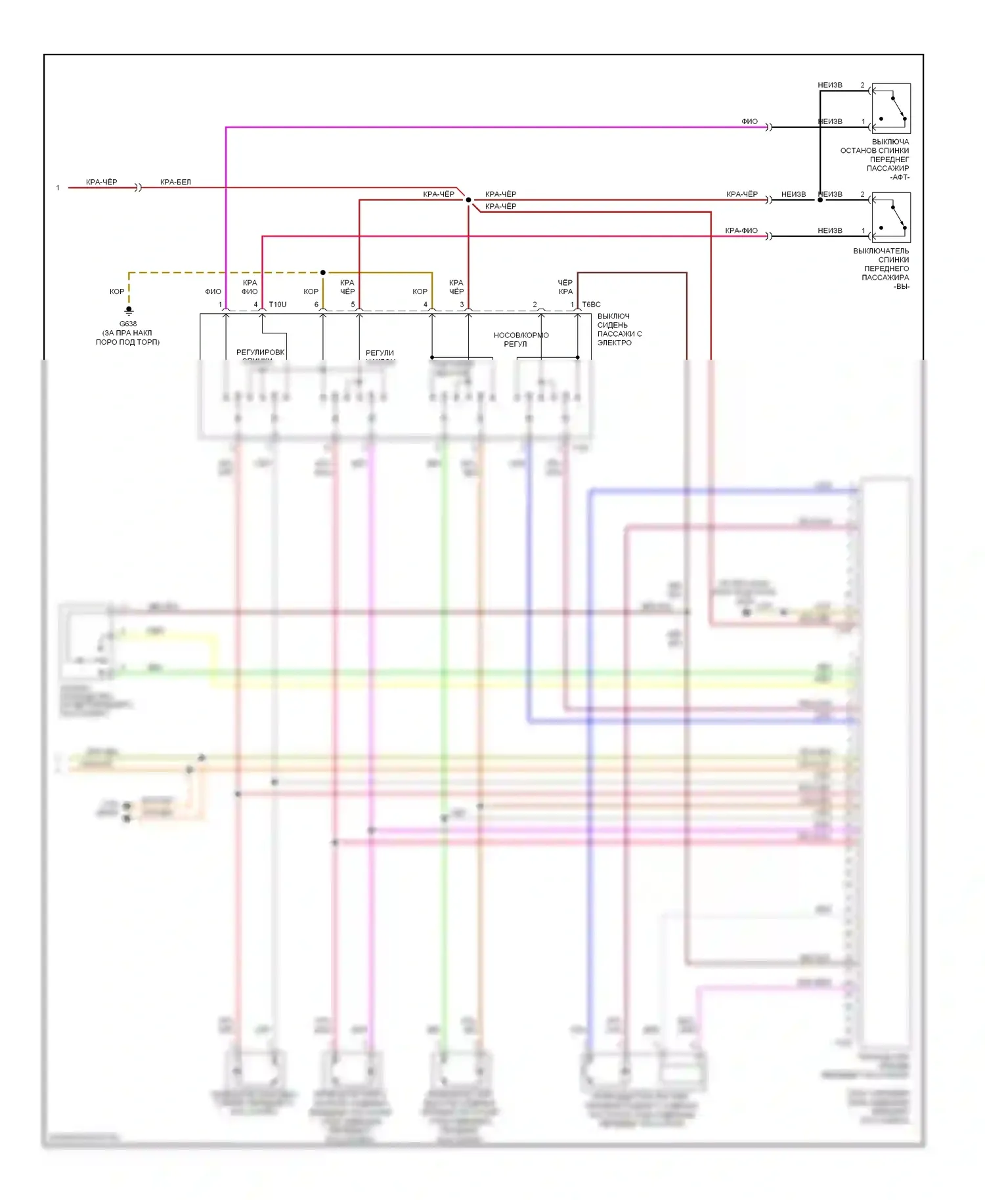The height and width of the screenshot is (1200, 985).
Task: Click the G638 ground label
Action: [x=128, y=324]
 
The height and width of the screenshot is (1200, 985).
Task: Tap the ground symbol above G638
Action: [x=129, y=311]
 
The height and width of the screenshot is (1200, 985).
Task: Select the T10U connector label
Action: [x=278, y=305]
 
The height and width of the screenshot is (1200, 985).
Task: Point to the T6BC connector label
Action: [x=591, y=305]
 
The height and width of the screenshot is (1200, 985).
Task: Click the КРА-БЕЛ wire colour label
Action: [x=175, y=182]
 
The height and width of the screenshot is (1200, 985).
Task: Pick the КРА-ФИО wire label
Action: [x=741, y=230]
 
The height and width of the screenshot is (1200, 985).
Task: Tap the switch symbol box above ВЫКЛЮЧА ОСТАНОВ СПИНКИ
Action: [x=890, y=108]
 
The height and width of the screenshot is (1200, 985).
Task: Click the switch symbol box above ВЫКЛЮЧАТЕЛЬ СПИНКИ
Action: [x=890, y=217]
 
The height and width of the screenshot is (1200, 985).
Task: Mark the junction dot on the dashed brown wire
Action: [x=323, y=272]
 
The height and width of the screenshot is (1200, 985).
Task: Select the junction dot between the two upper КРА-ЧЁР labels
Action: [x=468, y=200]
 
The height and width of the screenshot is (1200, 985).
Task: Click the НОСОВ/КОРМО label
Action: [x=521, y=335]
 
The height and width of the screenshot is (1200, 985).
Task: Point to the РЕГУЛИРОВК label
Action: [x=260, y=353]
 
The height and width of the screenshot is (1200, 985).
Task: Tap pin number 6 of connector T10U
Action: [x=317, y=305]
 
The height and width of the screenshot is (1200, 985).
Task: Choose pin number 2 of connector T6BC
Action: [x=535, y=305]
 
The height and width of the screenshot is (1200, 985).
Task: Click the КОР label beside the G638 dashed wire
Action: [x=117, y=291]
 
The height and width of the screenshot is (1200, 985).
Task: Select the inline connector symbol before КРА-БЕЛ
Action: [x=138, y=188]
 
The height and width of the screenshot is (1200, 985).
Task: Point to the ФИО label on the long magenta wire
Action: [x=749, y=121]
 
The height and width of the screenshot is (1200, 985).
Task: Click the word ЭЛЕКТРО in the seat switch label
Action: [x=615, y=343]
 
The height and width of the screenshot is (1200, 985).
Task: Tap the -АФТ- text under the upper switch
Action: [x=900, y=177]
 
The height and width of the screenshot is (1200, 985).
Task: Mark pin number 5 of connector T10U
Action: [x=353, y=305]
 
